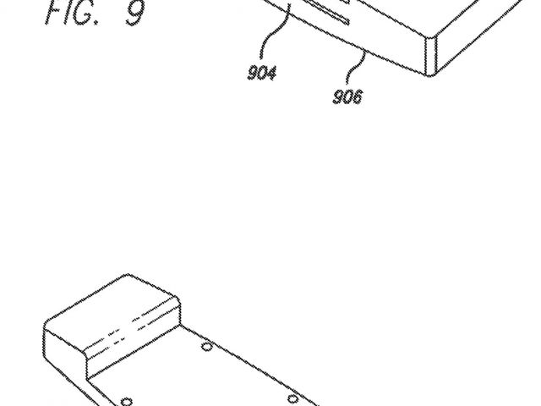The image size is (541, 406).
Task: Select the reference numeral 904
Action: point(261,73)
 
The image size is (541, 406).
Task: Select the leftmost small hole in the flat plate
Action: point(126,400)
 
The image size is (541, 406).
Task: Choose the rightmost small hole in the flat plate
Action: point(292,398)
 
